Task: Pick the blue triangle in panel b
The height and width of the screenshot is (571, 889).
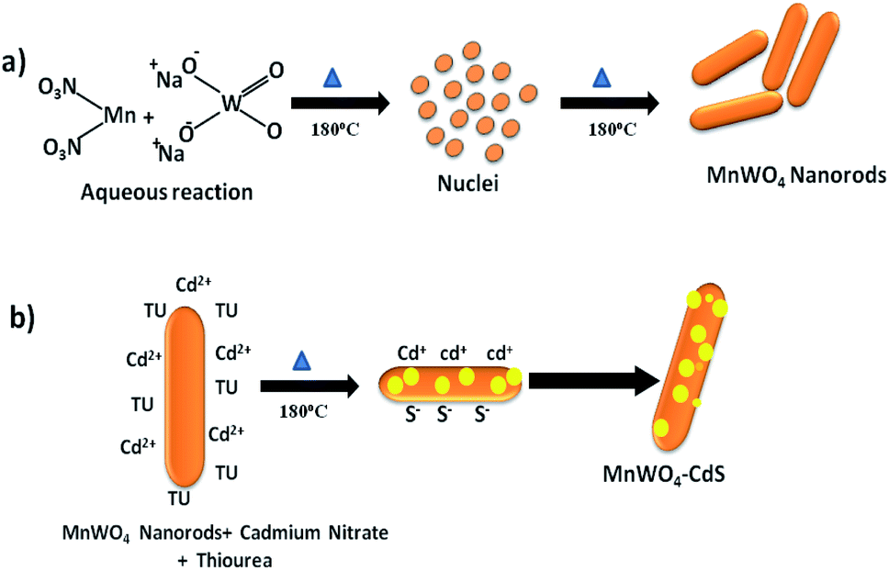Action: click(x=300, y=364)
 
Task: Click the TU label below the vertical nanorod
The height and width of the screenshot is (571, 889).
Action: click(x=180, y=498)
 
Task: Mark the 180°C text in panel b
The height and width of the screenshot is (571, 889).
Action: click(x=303, y=409)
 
